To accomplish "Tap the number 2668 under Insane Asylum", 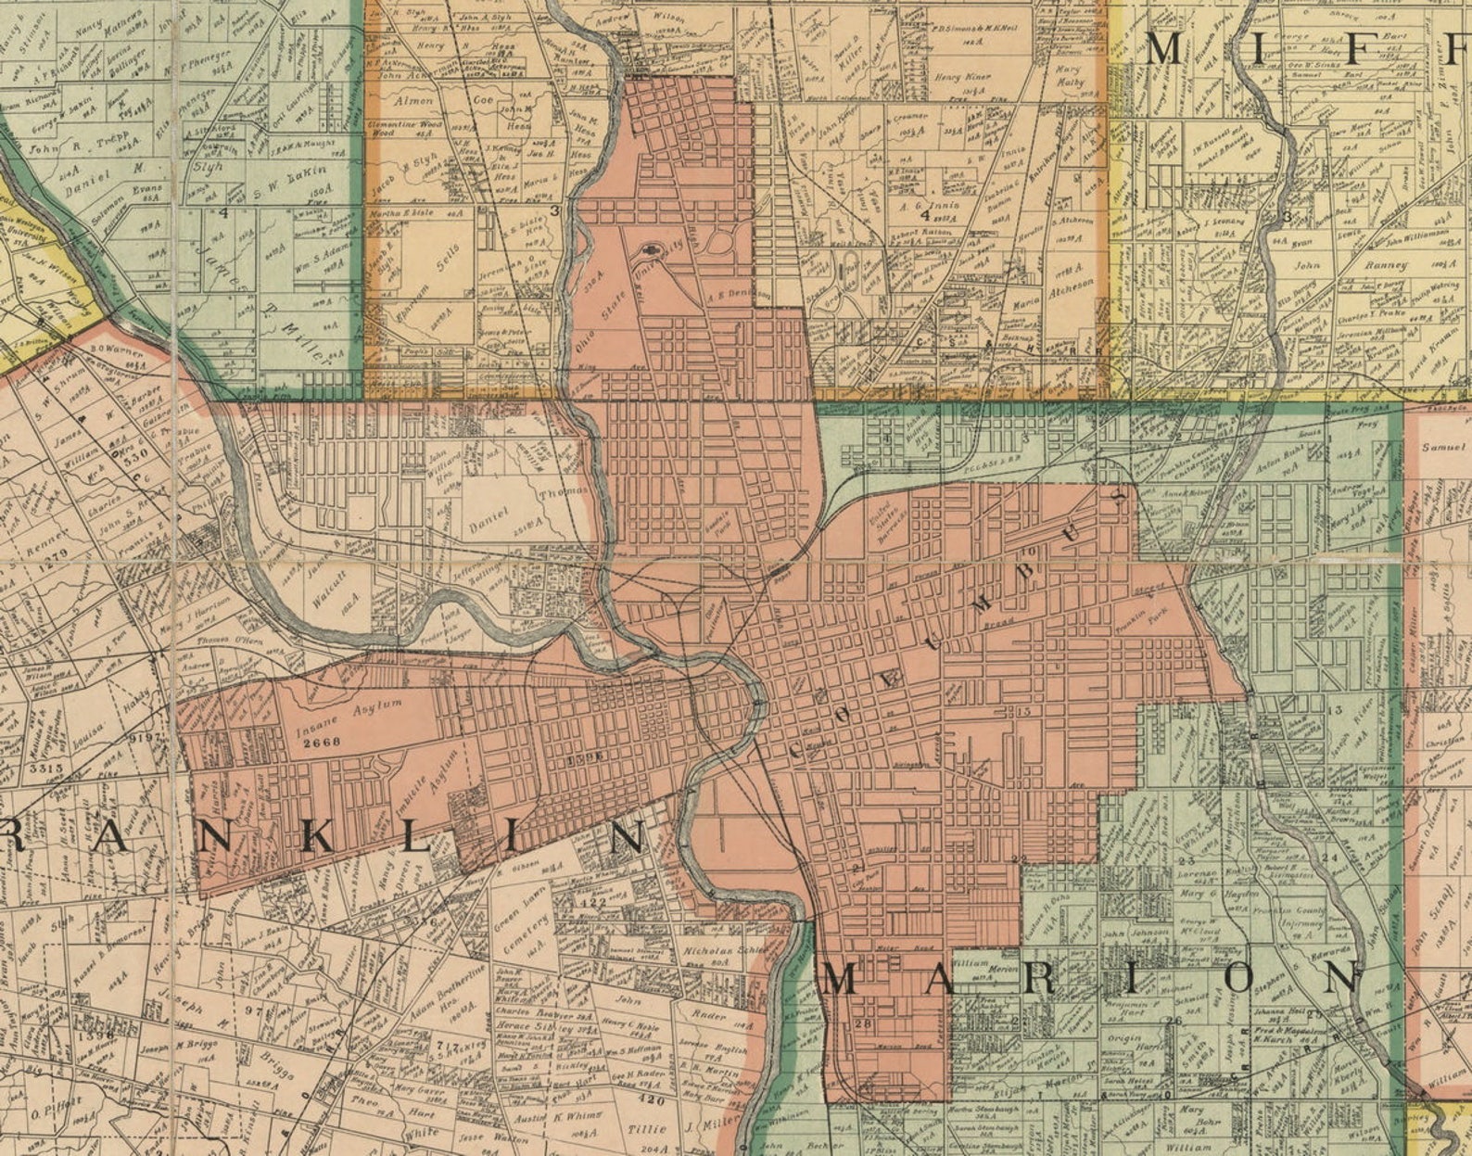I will [322, 742].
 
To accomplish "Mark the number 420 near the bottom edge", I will [652, 1101].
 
